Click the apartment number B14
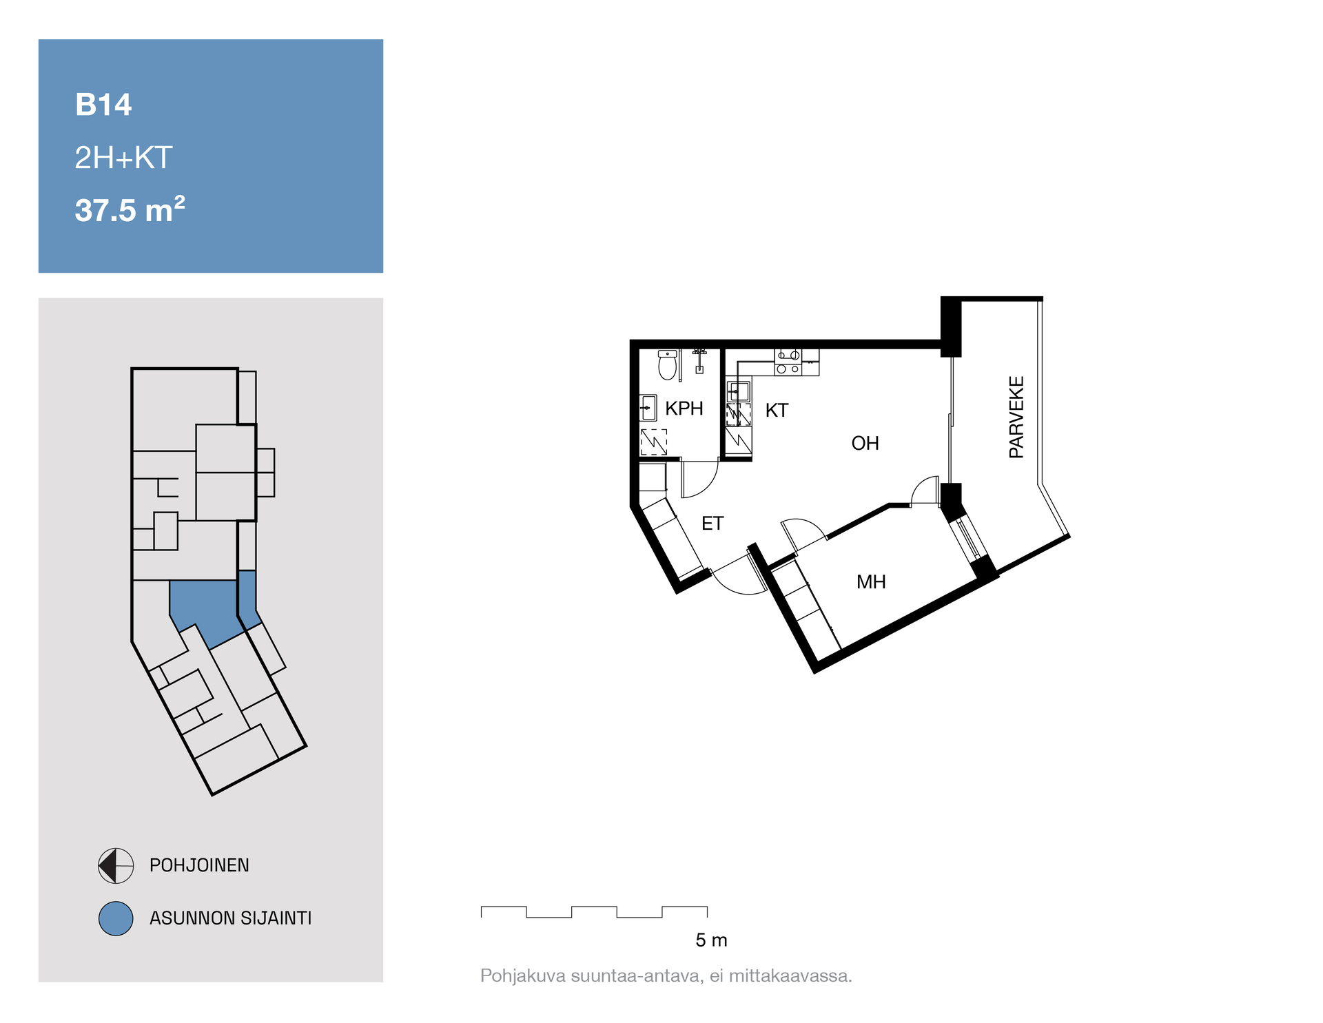click(103, 105)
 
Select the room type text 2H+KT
click(123, 158)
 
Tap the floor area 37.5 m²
click(130, 209)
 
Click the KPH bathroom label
click(684, 409)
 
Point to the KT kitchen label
click(777, 411)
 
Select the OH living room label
click(865, 443)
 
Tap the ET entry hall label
click(712, 524)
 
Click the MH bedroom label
click(871, 582)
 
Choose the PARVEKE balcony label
click(1016, 417)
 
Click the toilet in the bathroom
click(667, 365)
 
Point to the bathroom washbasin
click(648, 408)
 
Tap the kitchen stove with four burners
click(788, 362)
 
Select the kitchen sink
click(738, 391)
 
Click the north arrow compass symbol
click(116, 865)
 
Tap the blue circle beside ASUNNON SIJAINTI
click(116, 918)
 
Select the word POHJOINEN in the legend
click(199, 865)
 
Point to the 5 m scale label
click(711, 940)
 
